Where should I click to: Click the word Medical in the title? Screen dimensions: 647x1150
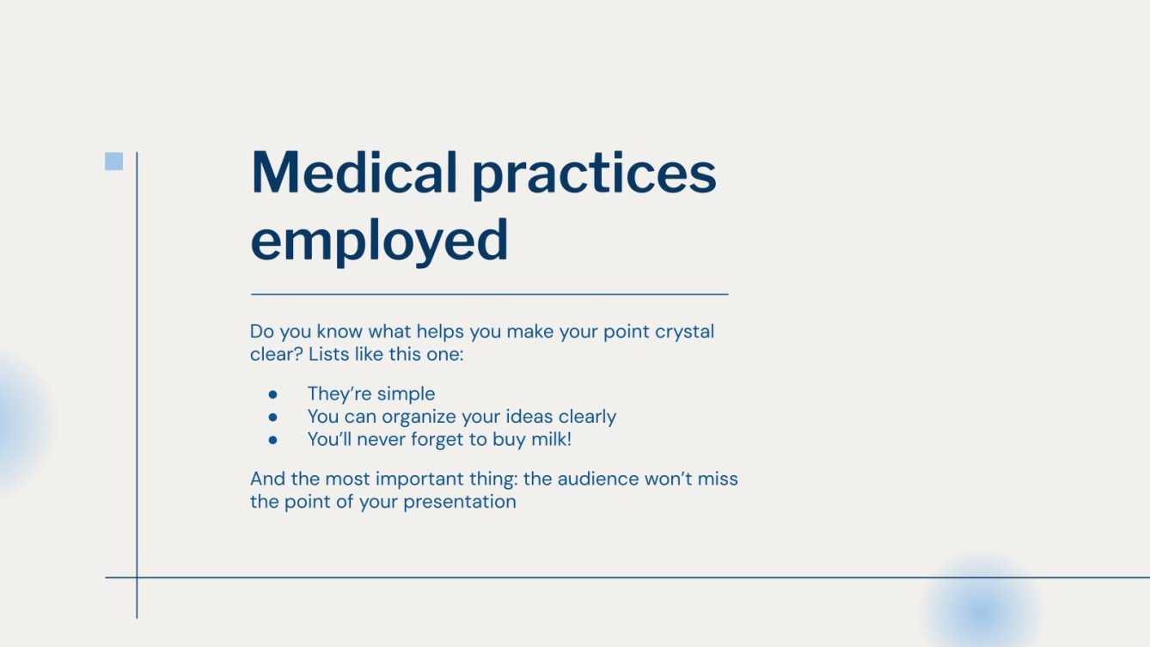353,172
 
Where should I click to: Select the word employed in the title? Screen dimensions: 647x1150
379,242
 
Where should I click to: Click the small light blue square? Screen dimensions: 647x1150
113,162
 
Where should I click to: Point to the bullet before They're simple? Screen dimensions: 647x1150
272,394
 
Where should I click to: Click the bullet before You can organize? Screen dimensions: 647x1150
272,417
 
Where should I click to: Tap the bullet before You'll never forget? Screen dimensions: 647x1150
272,439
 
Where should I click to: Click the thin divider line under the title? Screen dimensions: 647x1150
489,294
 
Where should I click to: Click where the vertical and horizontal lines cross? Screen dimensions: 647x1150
137,577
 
